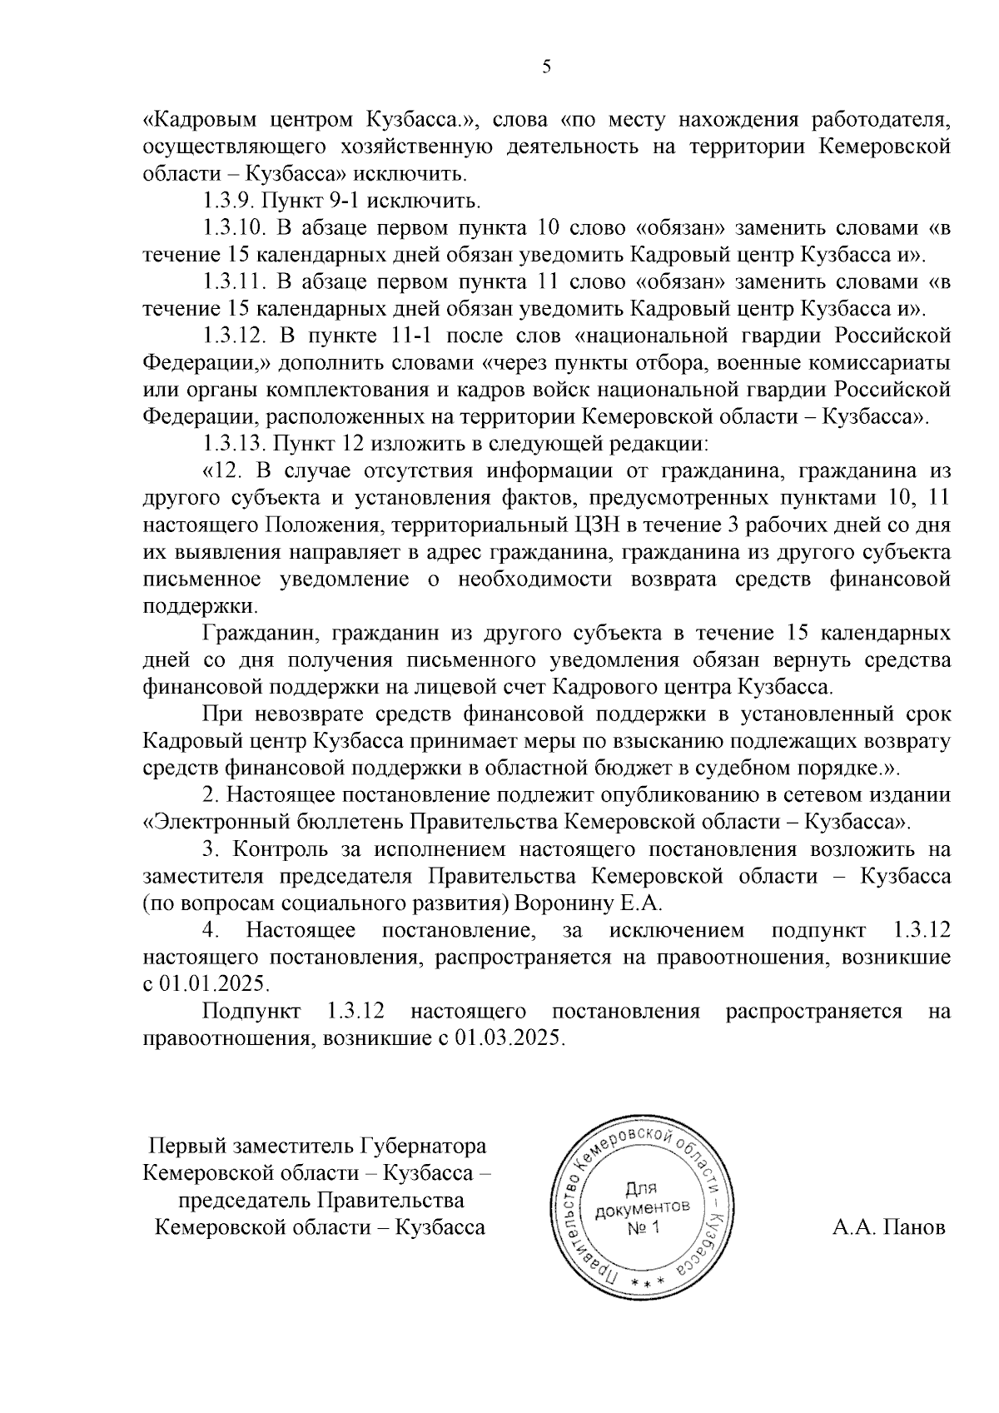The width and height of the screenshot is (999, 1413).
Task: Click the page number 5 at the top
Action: pos(546,67)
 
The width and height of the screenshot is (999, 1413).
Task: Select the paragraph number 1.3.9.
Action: pos(229,201)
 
